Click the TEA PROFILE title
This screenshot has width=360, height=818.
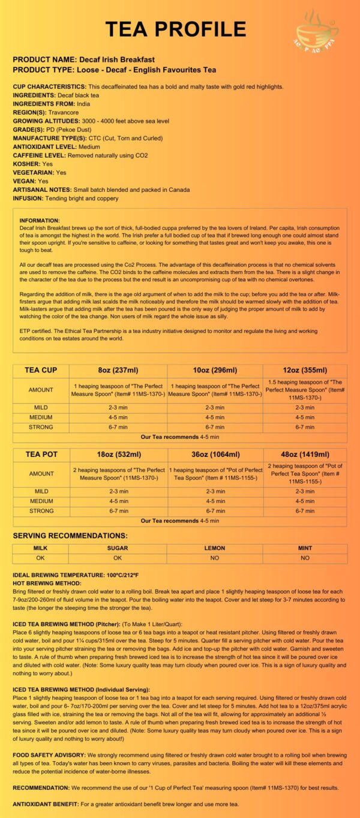pyautogui.click(x=176, y=29)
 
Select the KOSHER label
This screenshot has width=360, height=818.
pyautogui.click(x=26, y=164)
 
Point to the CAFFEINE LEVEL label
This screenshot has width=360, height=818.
pyautogui.click(x=39, y=155)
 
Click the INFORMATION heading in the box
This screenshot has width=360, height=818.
pyautogui.click(x=40, y=221)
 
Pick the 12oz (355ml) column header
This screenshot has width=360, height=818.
pyautogui.click(x=305, y=370)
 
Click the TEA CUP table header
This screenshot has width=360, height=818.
pyautogui.click(x=41, y=370)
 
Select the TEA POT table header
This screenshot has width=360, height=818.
pyautogui.click(x=41, y=454)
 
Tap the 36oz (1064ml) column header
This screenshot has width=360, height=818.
pyautogui.click(x=215, y=454)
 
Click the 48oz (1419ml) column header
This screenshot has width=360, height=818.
pyautogui.click(x=305, y=454)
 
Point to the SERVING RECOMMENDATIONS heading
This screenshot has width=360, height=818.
pyautogui.click(x=70, y=535)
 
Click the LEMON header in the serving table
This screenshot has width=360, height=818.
pyautogui.click(x=215, y=548)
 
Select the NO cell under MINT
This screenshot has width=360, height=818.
pyautogui.click(x=305, y=558)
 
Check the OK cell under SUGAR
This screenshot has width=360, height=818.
pyautogui.click(x=118, y=558)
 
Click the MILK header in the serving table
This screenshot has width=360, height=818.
pyautogui.click(x=41, y=548)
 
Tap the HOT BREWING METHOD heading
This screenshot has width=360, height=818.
pyautogui.click(x=47, y=583)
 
